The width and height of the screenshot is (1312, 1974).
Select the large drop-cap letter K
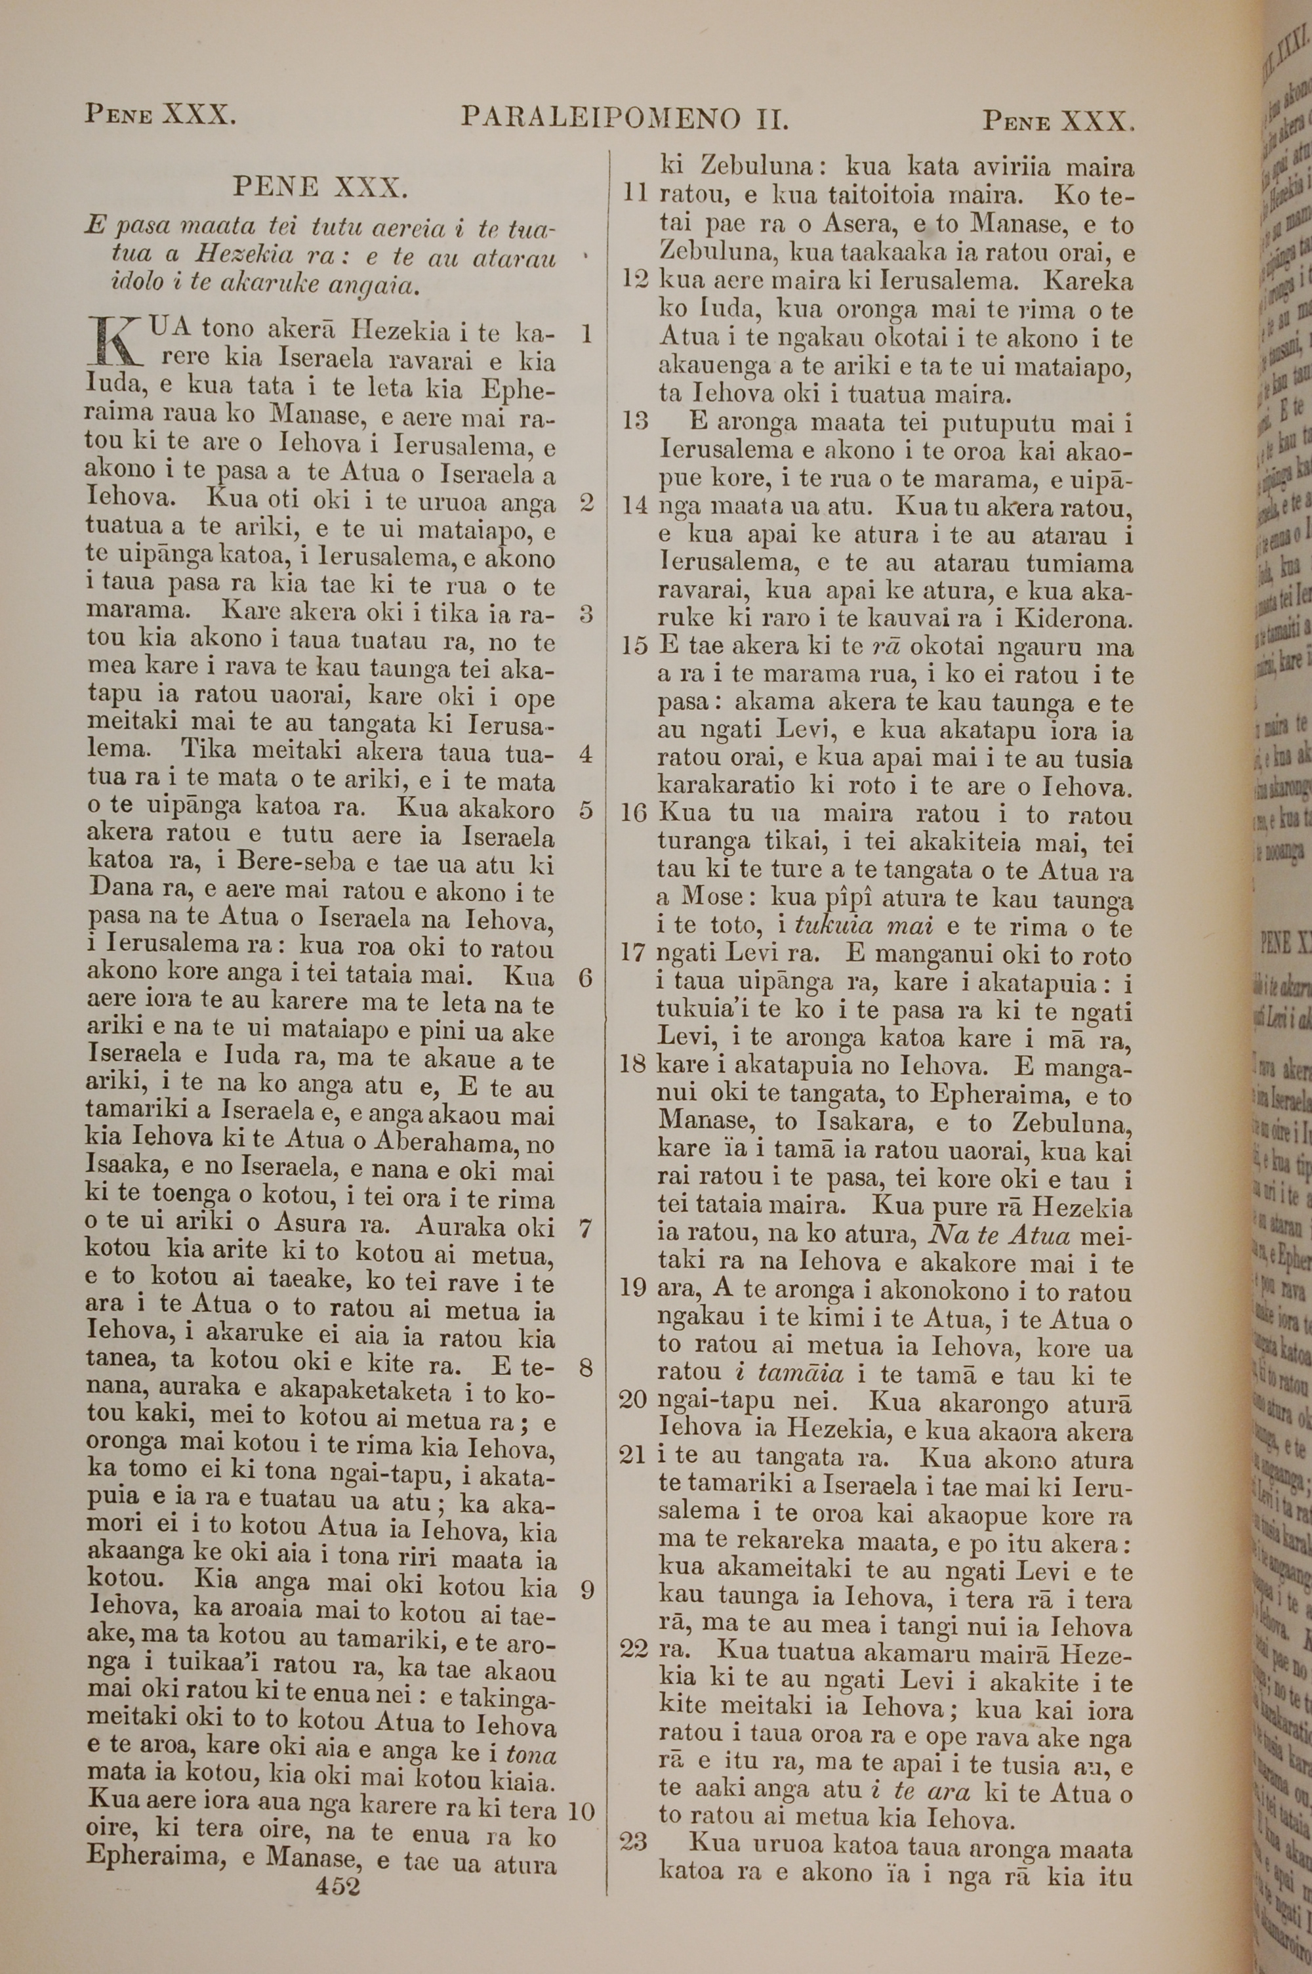113,344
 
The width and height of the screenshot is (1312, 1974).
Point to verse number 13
635,421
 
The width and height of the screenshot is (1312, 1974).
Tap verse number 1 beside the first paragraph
586,334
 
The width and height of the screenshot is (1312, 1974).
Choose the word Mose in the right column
712,898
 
